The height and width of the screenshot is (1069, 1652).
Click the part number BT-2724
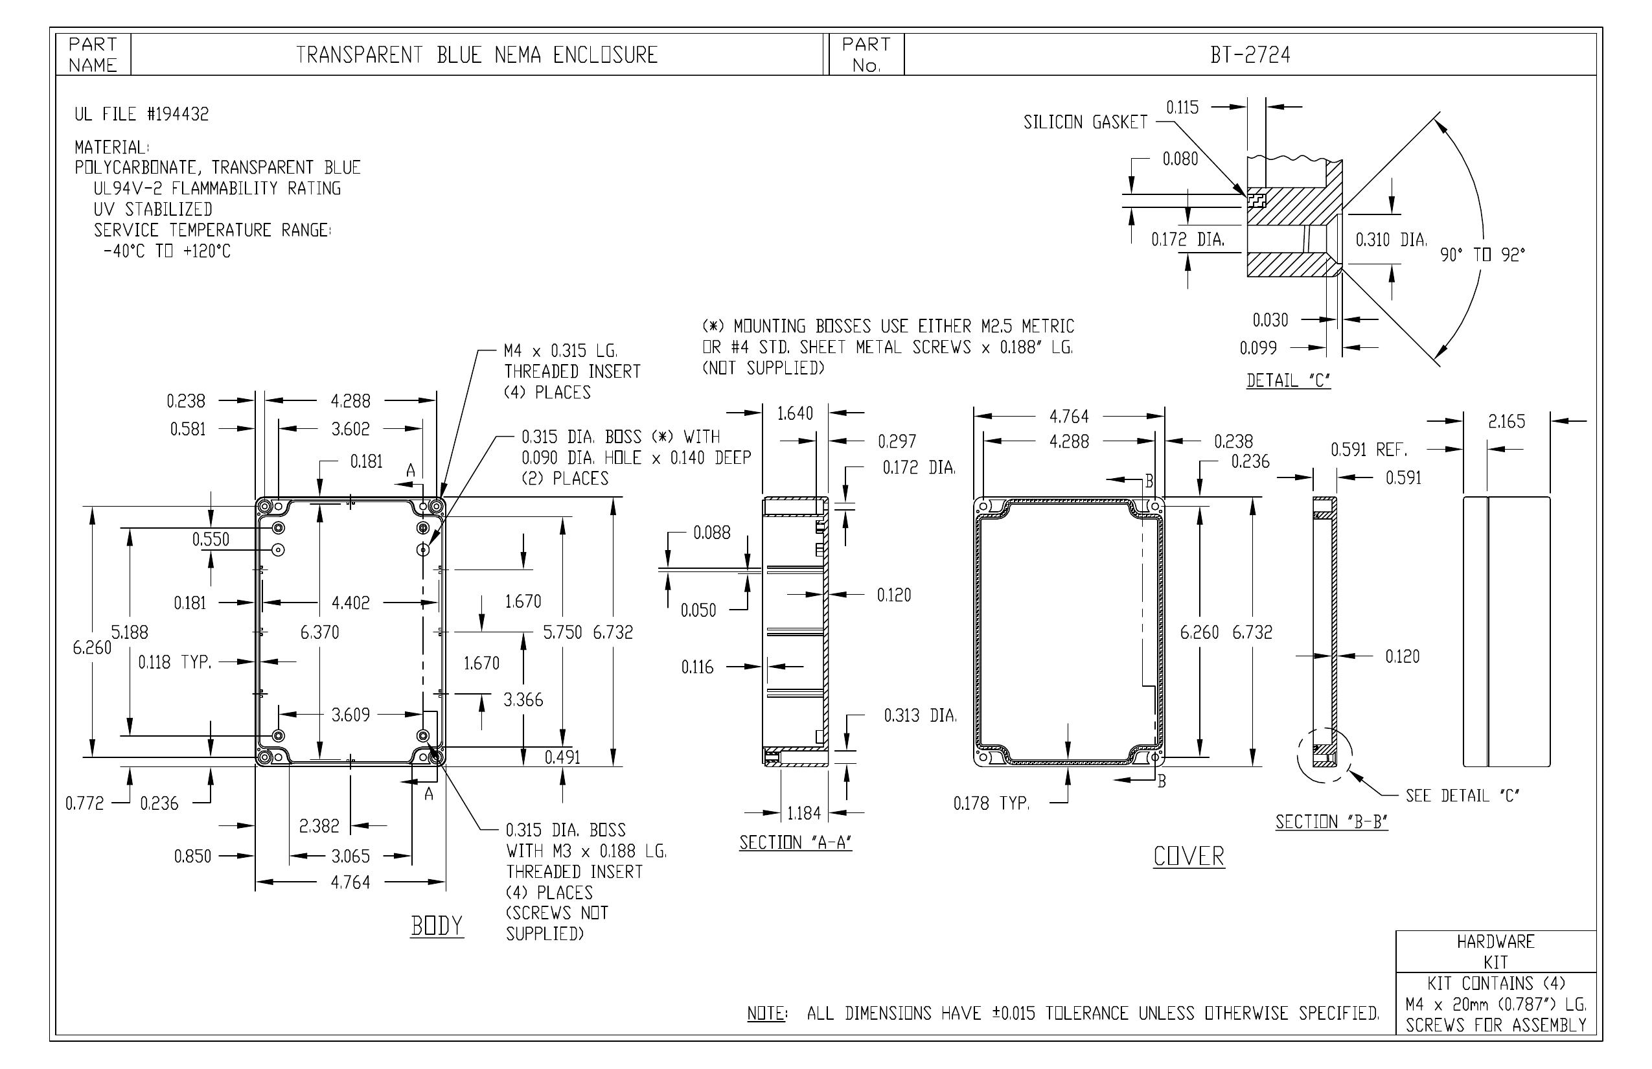click(1250, 55)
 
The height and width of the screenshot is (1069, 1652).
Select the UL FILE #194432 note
click(142, 114)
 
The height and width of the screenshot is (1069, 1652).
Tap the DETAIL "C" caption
click(1289, 380)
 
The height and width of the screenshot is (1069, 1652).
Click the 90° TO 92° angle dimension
click(1483, 255)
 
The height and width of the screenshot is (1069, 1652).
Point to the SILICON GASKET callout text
click(1086, 122)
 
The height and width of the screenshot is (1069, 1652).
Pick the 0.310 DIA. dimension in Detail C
click(1391, 240)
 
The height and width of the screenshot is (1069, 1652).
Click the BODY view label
click(437, 926)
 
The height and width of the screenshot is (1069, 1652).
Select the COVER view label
click(1189, 856)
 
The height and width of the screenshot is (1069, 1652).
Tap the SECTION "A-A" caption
click(796, 843)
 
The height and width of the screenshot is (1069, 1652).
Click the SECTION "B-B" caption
click(1331, 822)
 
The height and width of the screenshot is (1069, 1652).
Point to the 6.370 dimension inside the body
click(319, 632)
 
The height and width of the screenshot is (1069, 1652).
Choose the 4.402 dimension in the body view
click(350, 603)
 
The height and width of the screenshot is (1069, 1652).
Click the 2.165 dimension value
click(1506, 421)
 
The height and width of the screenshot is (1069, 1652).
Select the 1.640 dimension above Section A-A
click(795, 414)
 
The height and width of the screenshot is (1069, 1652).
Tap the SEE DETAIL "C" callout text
click(1463, 796)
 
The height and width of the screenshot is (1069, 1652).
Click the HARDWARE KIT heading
click(1496, 952)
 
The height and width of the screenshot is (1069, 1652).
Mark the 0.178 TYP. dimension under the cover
click(991, 804)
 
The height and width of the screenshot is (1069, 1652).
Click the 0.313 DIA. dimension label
click(920, 716)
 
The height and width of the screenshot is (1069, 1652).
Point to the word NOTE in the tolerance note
click(766, 1013)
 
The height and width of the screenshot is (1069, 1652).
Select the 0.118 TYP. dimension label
click(174, 662)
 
